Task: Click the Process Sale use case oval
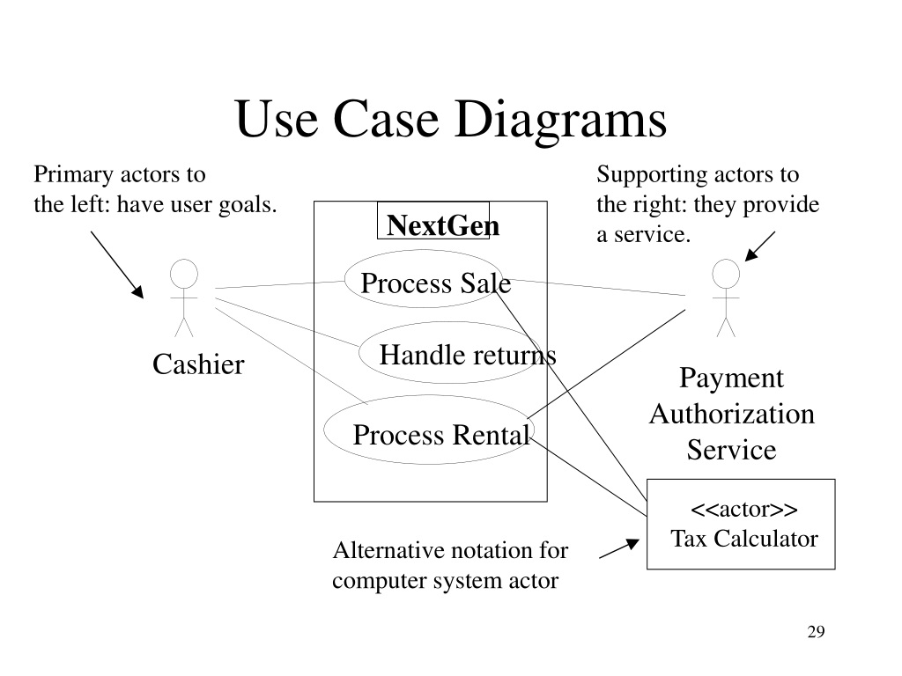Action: tap(424, 251)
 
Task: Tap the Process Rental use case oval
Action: tap(429, 396)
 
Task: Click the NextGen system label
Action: tap(442, 225)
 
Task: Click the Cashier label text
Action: tap(198, 364)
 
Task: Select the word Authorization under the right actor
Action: tap(732, 414)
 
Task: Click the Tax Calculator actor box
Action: tap(647, 524)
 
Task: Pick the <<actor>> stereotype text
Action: tap(743, 510)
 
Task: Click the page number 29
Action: tap(816, 632)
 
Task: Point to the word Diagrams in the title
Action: tap(560, 119)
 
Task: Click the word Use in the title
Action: tap(277, 119)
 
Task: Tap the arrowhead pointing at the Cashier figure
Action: tap(137, 291)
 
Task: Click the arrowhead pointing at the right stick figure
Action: tap(750, 254)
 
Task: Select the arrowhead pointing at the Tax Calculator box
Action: tap(632, 544)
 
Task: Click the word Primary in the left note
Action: tap(73, 175)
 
